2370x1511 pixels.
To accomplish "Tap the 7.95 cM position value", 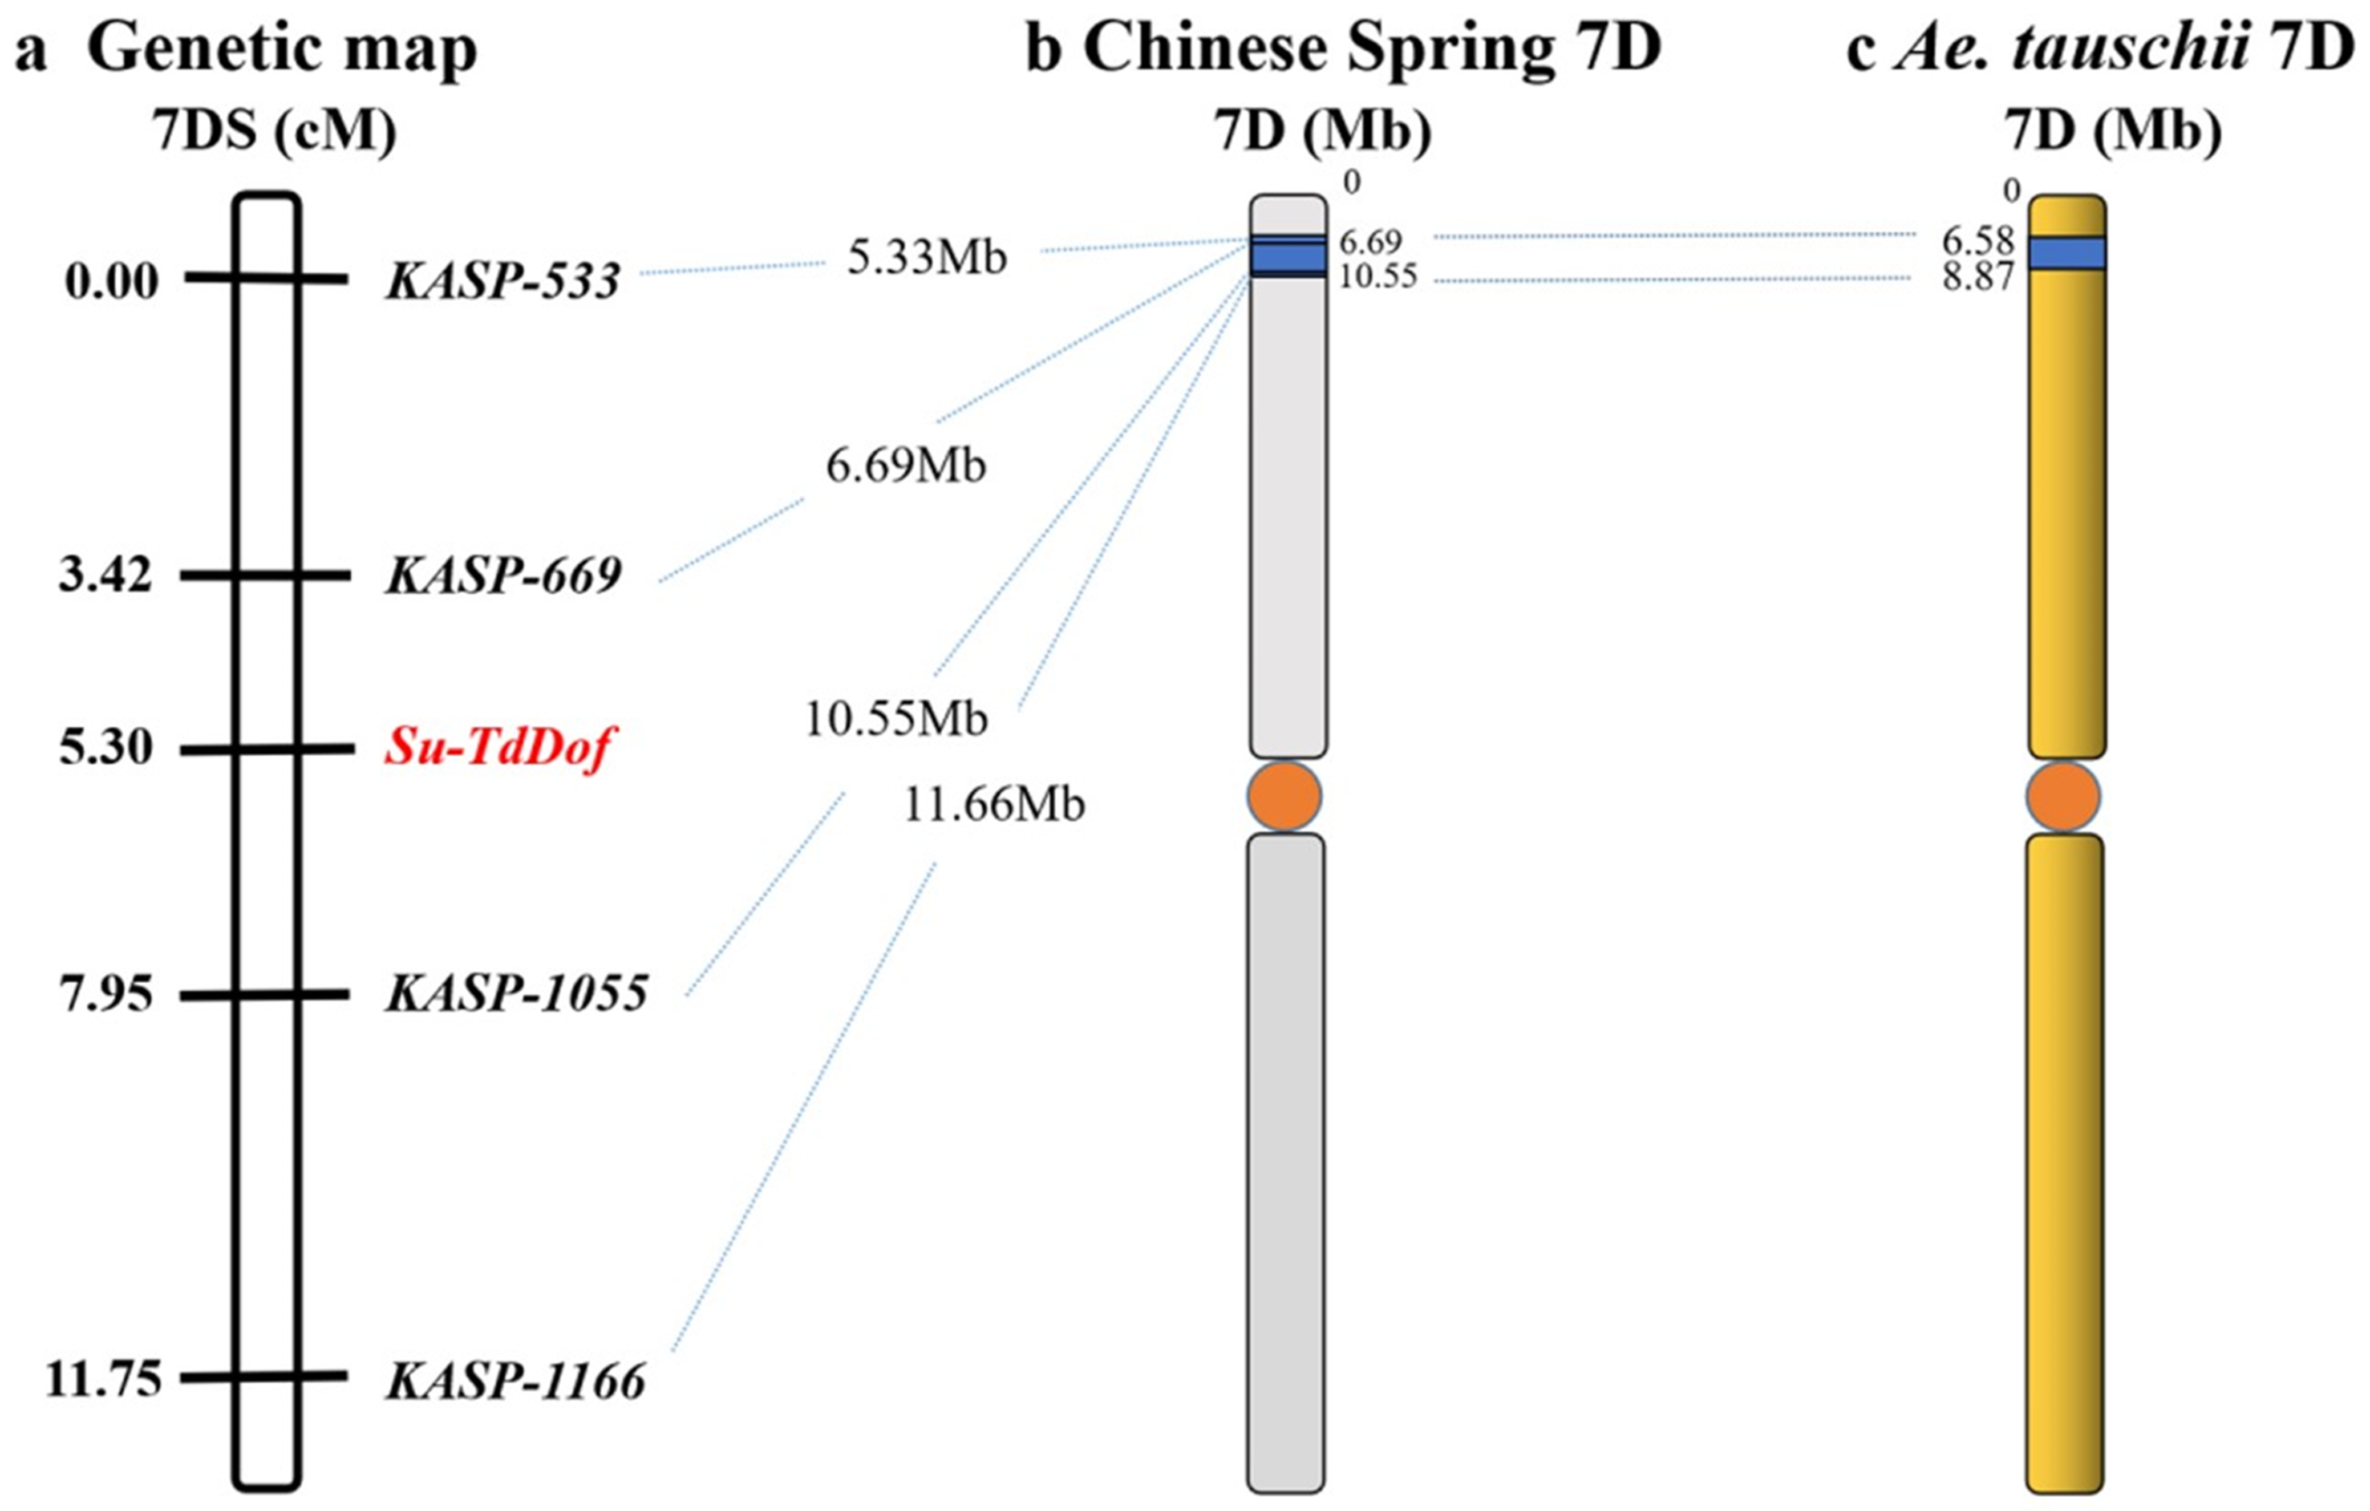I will click(106, 994).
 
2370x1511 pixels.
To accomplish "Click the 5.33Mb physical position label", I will click(927, 258).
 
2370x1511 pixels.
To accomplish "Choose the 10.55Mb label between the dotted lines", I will click(896, 720).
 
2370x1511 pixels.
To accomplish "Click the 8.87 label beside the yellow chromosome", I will click(1978, 278).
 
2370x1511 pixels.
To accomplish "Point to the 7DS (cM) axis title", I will click(274, 131).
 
